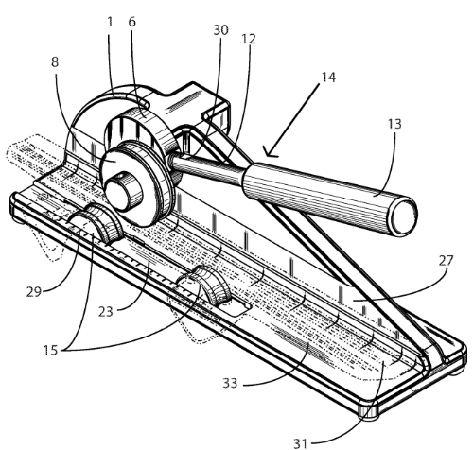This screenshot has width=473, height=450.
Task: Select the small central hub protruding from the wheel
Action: point(120,192)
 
